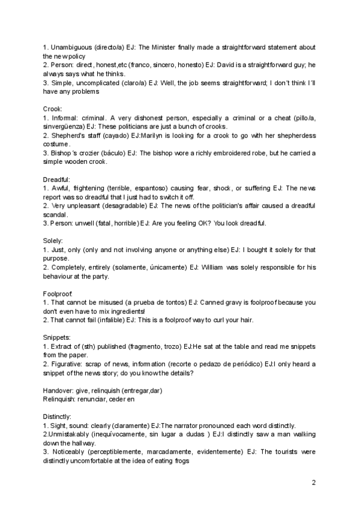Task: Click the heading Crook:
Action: point(53,109)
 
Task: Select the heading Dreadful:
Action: point(57,179)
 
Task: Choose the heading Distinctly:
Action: point(57,416)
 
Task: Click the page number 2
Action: point(314,482)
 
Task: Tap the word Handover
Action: point(58,390)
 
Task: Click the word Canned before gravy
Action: point(209,303)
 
